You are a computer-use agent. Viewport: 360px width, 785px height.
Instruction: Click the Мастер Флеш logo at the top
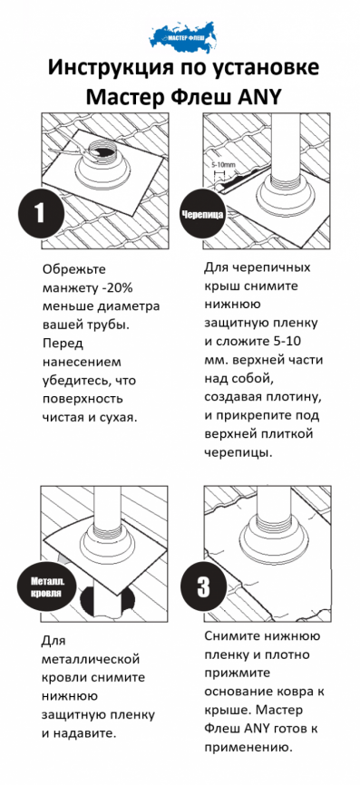(x=180, y=34)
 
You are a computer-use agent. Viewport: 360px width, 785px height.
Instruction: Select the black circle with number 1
(x=39, y=213)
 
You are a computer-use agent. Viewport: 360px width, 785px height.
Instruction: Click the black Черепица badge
(x=203, y=216)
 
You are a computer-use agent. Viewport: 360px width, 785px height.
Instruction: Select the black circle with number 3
(x=205, y=583)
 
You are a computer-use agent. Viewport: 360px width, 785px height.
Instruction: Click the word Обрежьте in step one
(x=73, y=268)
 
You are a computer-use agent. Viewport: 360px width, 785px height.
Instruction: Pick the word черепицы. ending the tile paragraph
(x=238, y=453)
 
